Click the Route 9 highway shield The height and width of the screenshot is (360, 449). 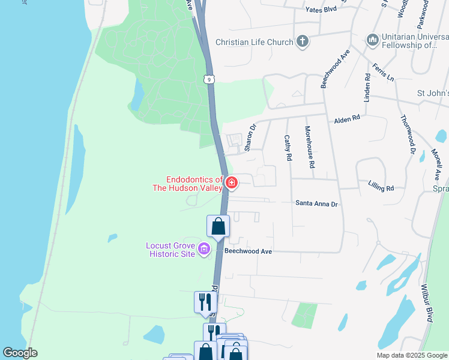point(208,79)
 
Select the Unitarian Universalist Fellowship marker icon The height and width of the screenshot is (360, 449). point(372,40)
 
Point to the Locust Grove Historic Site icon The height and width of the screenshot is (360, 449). point(204,249)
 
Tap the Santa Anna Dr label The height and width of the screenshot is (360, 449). point(317,204)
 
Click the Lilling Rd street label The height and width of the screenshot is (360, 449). point(381,188)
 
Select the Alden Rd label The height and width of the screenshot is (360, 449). point(348,119)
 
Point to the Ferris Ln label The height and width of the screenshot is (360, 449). point(382,73)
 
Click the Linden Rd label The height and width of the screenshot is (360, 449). point(367,88)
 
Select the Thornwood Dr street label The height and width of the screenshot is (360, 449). point(408,135)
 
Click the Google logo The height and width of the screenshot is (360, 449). point(20,353)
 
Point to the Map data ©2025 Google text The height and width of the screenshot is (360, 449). point(412,355)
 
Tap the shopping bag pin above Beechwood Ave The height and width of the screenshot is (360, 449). point(218,226)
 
